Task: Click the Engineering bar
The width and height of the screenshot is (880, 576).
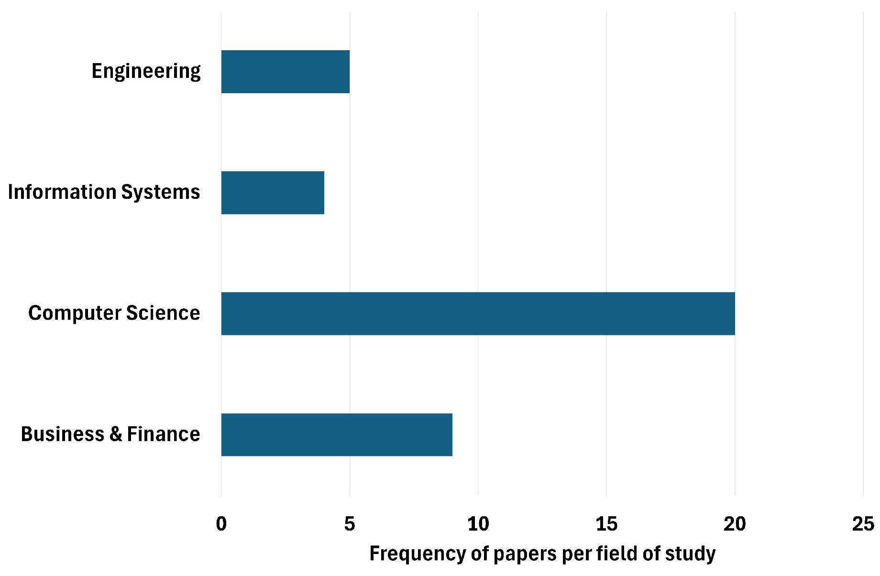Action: [x=285, y=72]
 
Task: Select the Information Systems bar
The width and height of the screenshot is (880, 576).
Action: [x=273, y=193]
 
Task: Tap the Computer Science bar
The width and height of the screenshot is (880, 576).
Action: [x=478, y=314]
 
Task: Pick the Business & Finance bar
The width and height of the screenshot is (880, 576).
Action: [x=337, y=435]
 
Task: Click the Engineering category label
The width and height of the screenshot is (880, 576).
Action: [x=146, y=71]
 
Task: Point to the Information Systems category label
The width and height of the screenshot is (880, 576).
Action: [x=104, y=192]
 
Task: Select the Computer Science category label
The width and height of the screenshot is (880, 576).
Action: [x=114, y=313]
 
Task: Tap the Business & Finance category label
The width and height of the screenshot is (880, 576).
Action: [x=110, y=434]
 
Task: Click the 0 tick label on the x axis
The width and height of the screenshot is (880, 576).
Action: [x=221, y=524]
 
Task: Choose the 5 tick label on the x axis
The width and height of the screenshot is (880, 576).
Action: [x=350, y=524]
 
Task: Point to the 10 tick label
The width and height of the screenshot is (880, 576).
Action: [x=478, y=524]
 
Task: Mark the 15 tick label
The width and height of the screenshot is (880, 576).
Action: [x=606, y=524]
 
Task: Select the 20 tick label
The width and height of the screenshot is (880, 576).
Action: [x=735, y=524]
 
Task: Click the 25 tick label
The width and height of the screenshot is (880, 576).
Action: [x=863, y=524]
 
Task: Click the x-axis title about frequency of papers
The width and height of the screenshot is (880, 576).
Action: [x=542, y=554]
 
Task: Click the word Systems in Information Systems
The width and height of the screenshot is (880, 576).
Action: [x=161, y=192]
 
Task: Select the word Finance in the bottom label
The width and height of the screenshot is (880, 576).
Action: [x=164, y=434]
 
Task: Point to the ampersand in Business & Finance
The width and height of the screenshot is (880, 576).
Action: [x=116, y=434]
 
